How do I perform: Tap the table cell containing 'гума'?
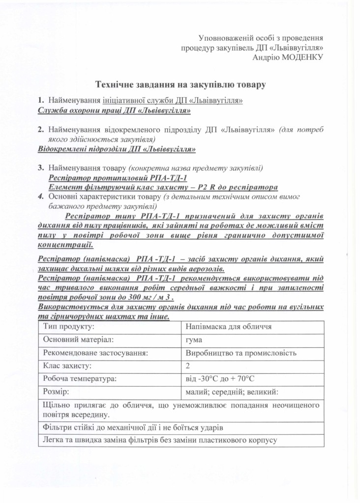click(x=195, y=339)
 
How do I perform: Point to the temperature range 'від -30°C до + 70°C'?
click(x=220, y=379)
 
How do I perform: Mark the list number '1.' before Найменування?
click(x=41, y=101)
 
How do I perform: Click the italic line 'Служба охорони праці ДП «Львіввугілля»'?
click(x=114, y=111)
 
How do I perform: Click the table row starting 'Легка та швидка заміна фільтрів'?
click(x=157, y=439)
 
